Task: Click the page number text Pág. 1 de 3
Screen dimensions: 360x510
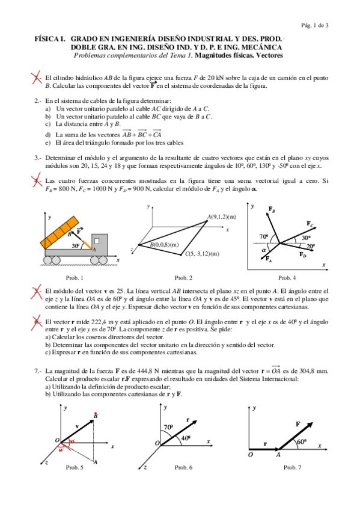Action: (314, 25)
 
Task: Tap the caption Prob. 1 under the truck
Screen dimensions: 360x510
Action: (75, 278)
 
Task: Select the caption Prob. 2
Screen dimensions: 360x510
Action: (183, 278)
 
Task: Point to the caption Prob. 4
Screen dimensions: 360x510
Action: (287, 278)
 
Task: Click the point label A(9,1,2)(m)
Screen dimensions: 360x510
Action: (222, 217)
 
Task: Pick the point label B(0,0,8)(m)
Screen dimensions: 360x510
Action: (165, 245)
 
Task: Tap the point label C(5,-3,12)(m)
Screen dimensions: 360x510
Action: (202, 254)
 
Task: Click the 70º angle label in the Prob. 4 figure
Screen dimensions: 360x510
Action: (264, 236)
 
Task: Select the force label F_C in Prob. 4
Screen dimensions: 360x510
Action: (310, 224)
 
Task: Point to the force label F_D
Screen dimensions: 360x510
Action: (302, 254)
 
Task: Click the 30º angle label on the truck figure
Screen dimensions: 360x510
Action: (76, 245)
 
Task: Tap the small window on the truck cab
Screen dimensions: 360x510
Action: (97, 241)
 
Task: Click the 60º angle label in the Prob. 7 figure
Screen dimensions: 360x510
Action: (302, 441)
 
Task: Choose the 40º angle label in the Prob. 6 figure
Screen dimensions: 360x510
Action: (186, 438)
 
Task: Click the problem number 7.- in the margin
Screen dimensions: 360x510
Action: (38, 371)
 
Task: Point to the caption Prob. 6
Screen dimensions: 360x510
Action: (183, 467)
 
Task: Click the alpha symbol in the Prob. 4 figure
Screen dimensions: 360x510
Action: (264, 250)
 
